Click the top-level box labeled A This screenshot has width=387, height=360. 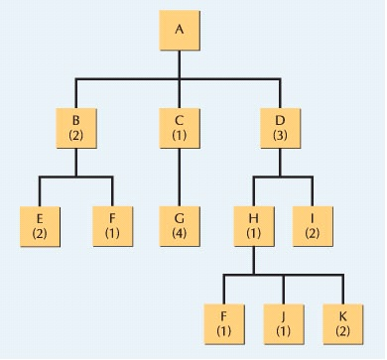click(179, 30)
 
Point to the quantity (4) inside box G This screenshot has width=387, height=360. click(180, 234)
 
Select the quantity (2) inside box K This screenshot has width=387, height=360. click(342, 325)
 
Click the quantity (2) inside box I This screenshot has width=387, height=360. click(313, 234)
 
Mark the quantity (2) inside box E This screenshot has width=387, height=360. click(40, 234)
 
